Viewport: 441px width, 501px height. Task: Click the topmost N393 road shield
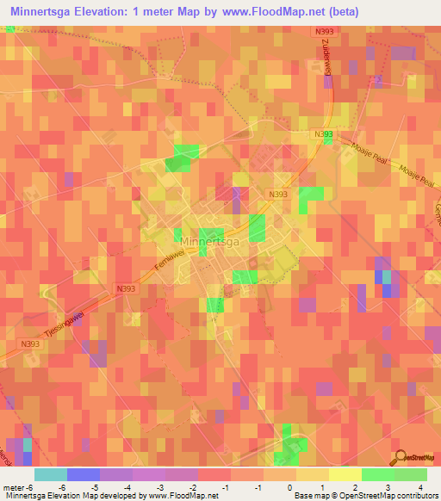[322, 31]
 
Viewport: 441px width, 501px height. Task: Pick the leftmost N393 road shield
[30, 343]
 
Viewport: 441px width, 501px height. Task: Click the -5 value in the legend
[95, 486]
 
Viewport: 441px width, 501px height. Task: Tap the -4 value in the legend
[127, 486]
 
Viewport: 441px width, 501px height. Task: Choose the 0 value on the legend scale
[289, 486]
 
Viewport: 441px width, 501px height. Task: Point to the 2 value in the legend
[356, 486]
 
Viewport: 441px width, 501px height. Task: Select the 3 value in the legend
[388, 486]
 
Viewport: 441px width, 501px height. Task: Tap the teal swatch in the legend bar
[51, 474]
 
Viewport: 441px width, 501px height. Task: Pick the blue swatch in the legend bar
[84, 474]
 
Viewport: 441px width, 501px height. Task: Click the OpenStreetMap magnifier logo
[400, 456]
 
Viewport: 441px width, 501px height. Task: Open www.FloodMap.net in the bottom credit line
[183, 496]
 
